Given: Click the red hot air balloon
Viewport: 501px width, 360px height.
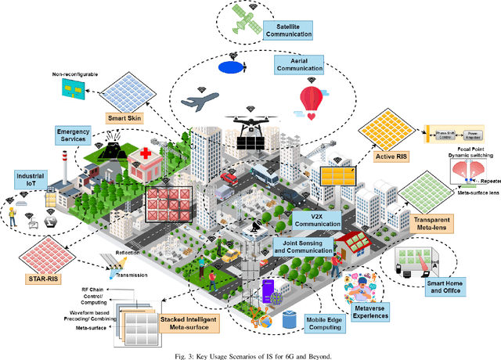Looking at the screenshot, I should tap(312, 101).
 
